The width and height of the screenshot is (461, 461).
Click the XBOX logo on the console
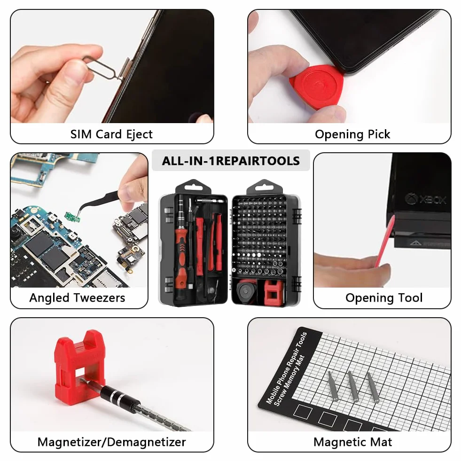coord(426,199)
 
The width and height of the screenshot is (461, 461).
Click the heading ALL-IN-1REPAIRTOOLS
coord(231,161)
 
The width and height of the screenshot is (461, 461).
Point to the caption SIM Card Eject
coord(111,134)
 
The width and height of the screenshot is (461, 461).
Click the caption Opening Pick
coord(352,134)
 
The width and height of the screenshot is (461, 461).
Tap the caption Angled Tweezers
coord(78,298)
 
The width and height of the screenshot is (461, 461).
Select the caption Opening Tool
coord(384,298)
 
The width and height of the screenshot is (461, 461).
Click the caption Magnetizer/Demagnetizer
coord(112,442)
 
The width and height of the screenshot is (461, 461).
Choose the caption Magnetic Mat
coord(353,442)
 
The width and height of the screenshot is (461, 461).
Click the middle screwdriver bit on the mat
coord(353,386)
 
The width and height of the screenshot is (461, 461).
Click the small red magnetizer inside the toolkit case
coord(274,292)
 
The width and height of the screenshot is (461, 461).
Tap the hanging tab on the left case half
coord(193,187)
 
